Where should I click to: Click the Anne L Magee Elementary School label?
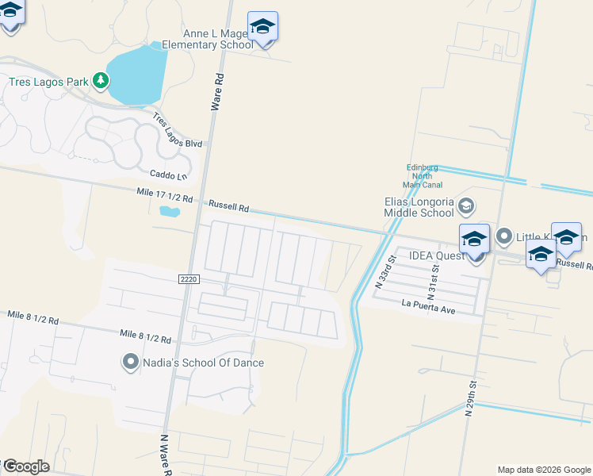click(207, 40)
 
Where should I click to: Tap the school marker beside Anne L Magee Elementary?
click(262, 29)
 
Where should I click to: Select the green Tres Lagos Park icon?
click(100, 80)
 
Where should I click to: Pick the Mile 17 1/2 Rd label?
click(164, 195)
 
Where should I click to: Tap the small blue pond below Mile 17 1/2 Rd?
click(170, 212)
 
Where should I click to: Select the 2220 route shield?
click(188, 278)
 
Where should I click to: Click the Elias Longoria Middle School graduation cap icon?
click(466, 206)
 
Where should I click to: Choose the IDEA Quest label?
click(435, 256)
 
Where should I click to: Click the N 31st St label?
click(432, 278)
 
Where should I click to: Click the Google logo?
click(25, 466)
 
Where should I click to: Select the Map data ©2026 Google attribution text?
click(544, 470)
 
